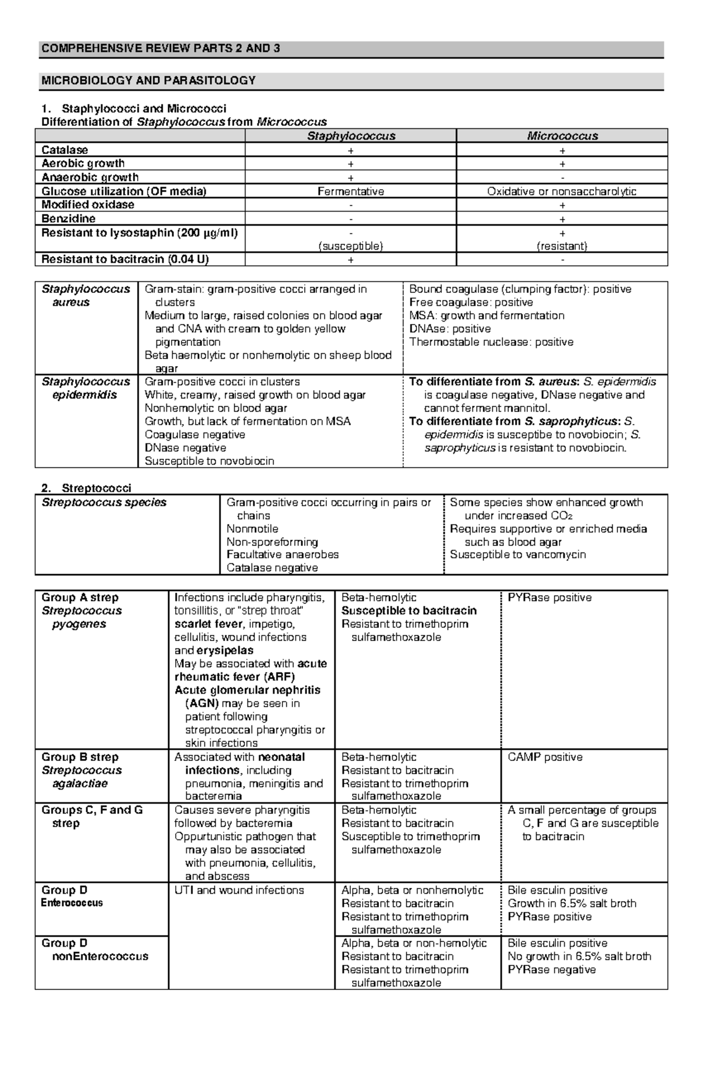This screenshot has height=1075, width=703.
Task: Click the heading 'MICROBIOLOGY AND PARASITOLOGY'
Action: pos(148,81)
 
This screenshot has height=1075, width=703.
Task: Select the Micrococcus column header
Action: pos(562,136)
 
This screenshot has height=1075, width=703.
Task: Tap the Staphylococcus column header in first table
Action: pos(351,136)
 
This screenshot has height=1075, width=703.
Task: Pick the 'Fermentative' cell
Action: pos(351,192)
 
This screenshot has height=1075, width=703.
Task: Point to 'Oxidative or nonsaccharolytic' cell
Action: pos(562,192)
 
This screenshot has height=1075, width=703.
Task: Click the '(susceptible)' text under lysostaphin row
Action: pos(351,246)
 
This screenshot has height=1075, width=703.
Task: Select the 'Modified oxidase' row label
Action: pos(88,205)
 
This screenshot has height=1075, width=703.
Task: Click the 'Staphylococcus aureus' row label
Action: pos(86,296)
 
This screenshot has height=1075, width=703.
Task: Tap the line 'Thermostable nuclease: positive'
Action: pos(491,342)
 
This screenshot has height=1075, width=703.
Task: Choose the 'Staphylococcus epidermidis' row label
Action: pos(86,388)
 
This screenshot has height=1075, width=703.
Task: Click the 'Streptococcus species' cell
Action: pos(104,503)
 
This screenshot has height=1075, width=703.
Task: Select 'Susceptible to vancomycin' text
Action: pos(517,555)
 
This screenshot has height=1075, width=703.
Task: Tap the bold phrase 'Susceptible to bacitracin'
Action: pos(409,611)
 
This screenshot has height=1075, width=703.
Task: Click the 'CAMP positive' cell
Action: pos(545,757)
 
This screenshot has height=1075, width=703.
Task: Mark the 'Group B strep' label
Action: pos(80,757)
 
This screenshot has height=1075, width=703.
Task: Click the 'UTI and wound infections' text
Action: pos(239,890)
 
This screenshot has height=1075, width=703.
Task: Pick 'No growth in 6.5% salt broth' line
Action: pos(579,957)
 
